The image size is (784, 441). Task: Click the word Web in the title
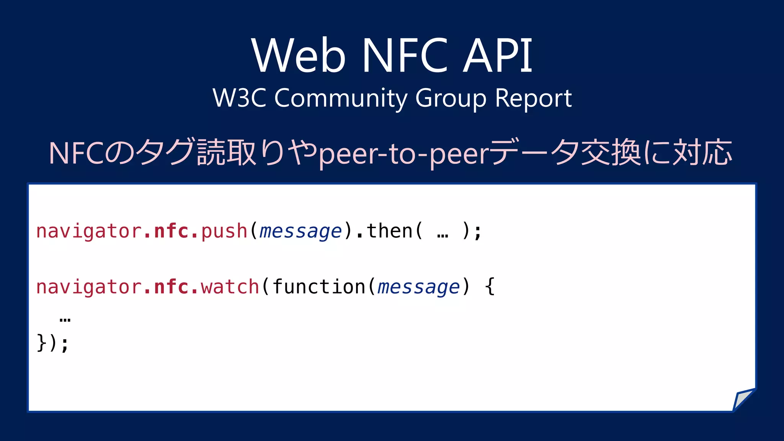pyautogui.click(x=299, y=56)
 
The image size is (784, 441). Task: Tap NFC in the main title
pyautogui.click(x=405, y=56)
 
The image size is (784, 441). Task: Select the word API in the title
pyautogui.click(x=498, y=56)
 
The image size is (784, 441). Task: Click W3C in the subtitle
pyautogui.click(x=239, y=98)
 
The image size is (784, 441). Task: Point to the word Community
pyautogui.click(x=341, y=98)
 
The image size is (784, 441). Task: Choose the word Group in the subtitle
pyautogui.click(x=451, y=98)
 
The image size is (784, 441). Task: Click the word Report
pyautogui.click(x=533, y=98)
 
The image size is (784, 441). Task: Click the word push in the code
pyautogui.click(x=224, y=231)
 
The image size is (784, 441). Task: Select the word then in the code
pyautogui.click(x=389, y=231)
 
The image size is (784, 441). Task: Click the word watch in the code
pyautogui.click(x=230, y=287)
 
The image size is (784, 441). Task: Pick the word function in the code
pyautogui.click(x=319, y=287)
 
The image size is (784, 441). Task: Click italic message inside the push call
pyautogui.click(x=301, y=232)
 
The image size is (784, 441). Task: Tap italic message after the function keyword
pyautogui.click(x=418, y=288)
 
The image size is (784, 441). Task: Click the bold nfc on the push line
pyautogui.click(x=171, y=231)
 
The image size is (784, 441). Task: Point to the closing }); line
pyautogui.click(x=53, y=343)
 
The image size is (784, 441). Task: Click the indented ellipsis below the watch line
pyautogui.click(x=65, y=319)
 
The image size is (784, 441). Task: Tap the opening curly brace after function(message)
pyautogui.click(x=490, y=287)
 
